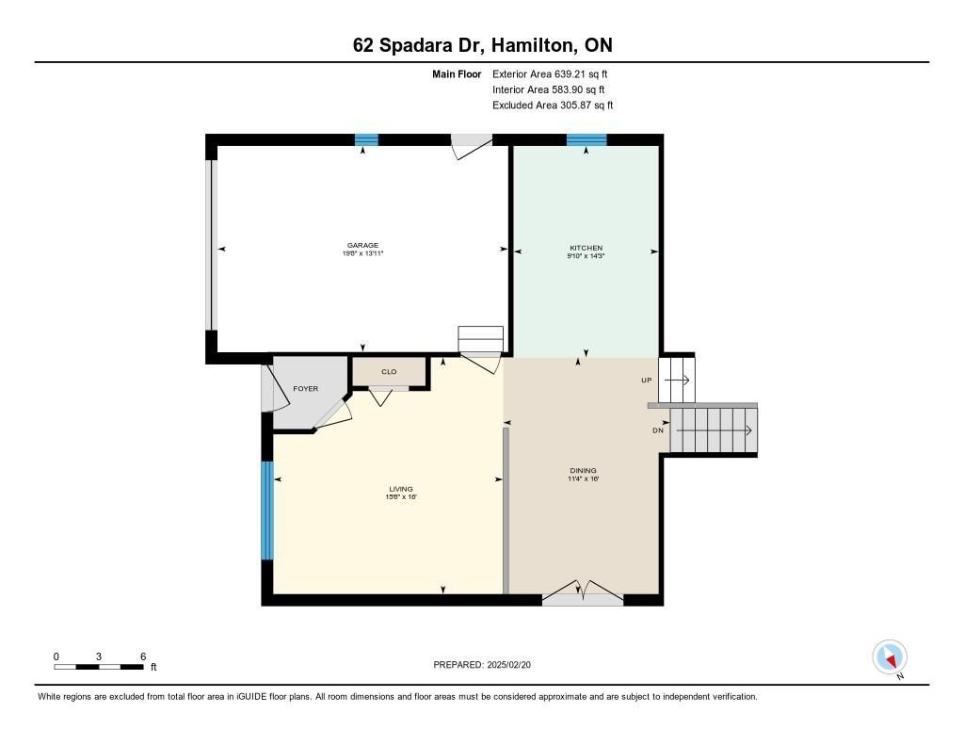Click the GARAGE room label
pyautogui.click(x=362, y=245)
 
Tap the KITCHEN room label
pyautogui.click(x=586, y=248)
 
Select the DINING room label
pyautogui.click(x=584, y=471)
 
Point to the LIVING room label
pyautogui.click(x=401, y=489)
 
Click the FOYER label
pyautogui.click(x=306, y=389)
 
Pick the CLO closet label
pyautogui.click(x=389, y=372)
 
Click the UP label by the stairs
pyautogui.click(x=646, y=381)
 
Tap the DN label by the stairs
pyautogui.click(x=658, y=430)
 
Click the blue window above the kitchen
pyautogui.click(x=586, y=139)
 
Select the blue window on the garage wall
pyautogui.click(x=366, y=139)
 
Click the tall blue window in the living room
pyautogui.click(x=266, y=510)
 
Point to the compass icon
pyautogui.click(x=890, y=657)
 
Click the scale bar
pyautogui.click(x=98, y=667)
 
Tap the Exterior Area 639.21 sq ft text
pyautogui.click(x=550, y=73)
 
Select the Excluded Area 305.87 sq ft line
pyautogui.click(x=553, y=105)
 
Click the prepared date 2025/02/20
pyautogui.click(x=508, y=665)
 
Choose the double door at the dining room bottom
pyautogui.click(x=582, y=592)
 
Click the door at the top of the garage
pyautogui.click(x=472, y=146)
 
